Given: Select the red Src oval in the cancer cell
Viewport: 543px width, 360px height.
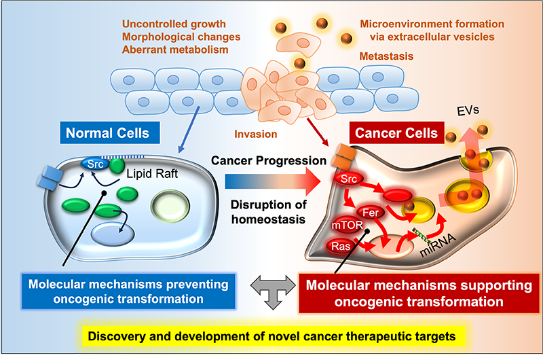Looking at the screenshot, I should pos(346,179).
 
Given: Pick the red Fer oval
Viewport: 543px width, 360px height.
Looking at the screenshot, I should pos(369,211).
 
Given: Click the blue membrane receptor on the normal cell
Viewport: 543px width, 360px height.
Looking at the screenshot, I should pos(49,179).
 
